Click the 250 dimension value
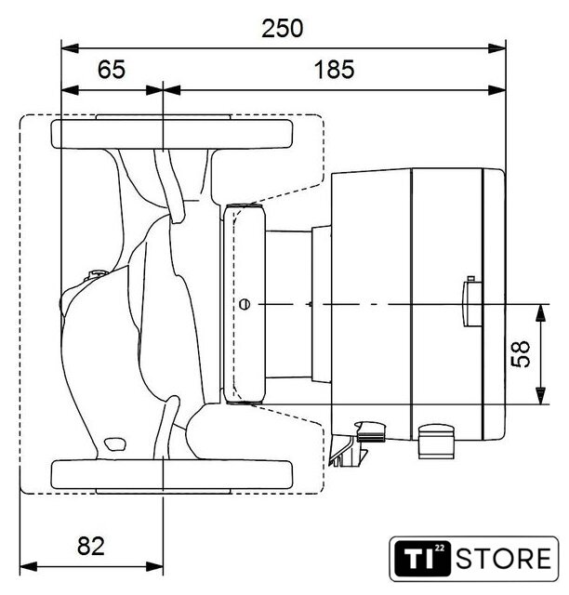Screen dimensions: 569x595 [283, 29]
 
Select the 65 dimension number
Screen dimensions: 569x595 [112, 70]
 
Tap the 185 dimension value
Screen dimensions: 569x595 [334, 70]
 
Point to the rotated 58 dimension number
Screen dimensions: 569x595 [521, 353]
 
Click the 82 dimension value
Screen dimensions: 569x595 [91, 546]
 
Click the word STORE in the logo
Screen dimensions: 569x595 [504, 558]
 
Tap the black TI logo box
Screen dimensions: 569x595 [423, 558]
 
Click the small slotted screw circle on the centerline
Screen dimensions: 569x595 [245, 304]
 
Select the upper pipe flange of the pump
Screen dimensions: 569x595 [172, 134]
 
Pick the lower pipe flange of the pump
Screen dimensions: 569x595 [172, 474]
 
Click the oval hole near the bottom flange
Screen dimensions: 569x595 [115, 444]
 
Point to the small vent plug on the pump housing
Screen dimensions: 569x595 [96, 275]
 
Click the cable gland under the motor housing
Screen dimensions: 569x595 [436, 442]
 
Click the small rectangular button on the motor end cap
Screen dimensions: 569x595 [471, 304]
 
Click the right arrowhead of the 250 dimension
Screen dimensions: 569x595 [497, 48]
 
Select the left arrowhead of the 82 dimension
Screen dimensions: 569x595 [28, 567]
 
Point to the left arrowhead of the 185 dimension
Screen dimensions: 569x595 [172, 90]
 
